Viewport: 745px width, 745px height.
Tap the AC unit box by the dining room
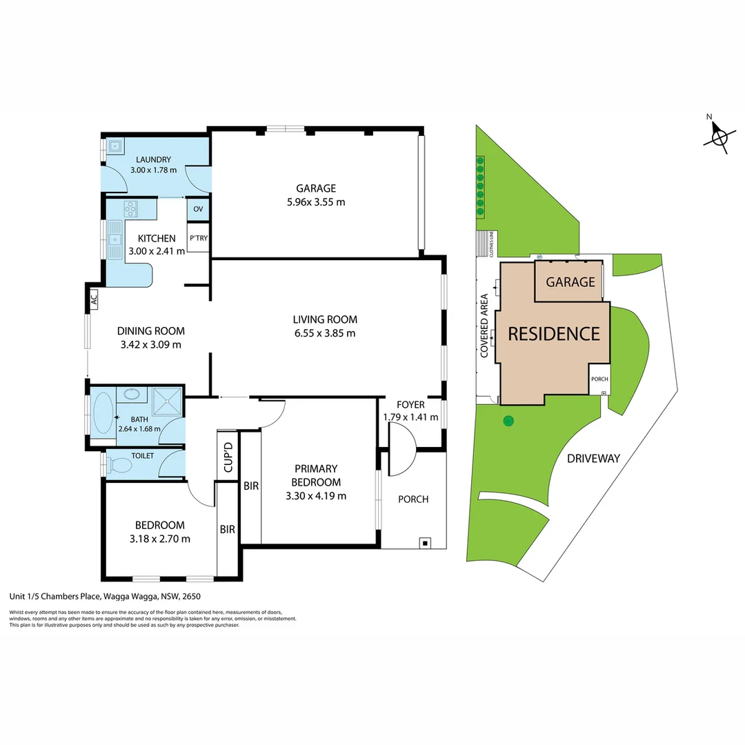pyautogui.click(x=93, y=299)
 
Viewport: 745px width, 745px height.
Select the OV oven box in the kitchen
pyautogui.click(x=198, y=210)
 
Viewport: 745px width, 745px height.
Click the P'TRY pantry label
pyautogui.click(x=199, y=239)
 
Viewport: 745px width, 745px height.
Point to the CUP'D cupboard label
pyautogui.click(x=227, y=455)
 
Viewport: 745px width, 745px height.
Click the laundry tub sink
pyautogui.click(x=115, y=146)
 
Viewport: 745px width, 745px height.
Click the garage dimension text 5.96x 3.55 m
pyautogui.click(x=316, y=202)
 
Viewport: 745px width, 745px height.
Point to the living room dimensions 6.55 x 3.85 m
pyautogui.click(x=324, y=333)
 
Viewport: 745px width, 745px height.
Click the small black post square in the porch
pyautogui.click(x=426, y=543)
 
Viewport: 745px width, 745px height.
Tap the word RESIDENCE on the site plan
pyautogui.click(x=554, y=334)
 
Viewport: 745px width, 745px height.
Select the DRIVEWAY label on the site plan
pyautogui.click(x=593, y=458)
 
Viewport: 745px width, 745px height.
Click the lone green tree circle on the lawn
pyautogui.click(x=508, y=420)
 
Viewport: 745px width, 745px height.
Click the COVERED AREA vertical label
pyautogui.click(x=484, y=325)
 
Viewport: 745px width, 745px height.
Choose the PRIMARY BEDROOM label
pyautogui.click(x=316, y=476)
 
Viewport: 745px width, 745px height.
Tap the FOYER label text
pyautogui.click(x=410, y=405)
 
